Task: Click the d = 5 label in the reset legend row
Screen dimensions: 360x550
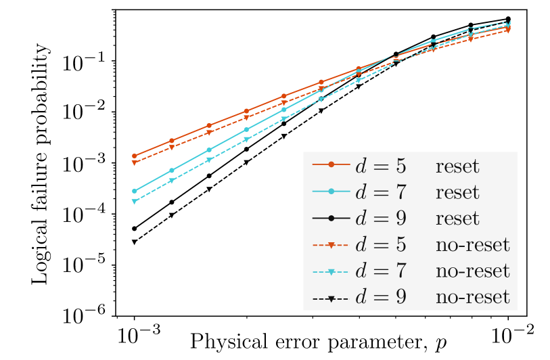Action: point(381,166)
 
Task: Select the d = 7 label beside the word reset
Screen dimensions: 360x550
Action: point(381,193)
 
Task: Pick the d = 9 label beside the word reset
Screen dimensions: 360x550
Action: point(381,219)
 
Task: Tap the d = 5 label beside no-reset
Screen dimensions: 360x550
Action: point(381,245)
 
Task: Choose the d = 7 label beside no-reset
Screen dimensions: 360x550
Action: point(381,271)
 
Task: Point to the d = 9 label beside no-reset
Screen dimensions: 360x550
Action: point(381,297)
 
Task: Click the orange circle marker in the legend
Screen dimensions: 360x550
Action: point(331,165)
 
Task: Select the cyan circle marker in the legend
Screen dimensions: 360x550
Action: point(331,192)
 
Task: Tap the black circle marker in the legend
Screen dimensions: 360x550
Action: point(331,218)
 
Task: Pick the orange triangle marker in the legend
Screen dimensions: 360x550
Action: point(331,244)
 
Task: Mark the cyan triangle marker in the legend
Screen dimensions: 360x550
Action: point(331,271)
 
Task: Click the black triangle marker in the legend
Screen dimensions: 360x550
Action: point(331,297)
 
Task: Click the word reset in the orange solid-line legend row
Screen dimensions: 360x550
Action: point(457,166)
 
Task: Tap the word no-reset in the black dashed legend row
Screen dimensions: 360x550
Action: point(472,297)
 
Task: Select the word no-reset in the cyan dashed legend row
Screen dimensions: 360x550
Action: point(472,271)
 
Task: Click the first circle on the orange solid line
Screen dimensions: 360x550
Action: point(135,156)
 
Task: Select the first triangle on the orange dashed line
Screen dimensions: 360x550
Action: point(135,163)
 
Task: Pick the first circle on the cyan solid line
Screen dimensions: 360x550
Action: point(135,191)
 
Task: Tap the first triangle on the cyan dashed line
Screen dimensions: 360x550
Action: point(135,202)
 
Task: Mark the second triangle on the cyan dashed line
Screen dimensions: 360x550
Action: point(172,181)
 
